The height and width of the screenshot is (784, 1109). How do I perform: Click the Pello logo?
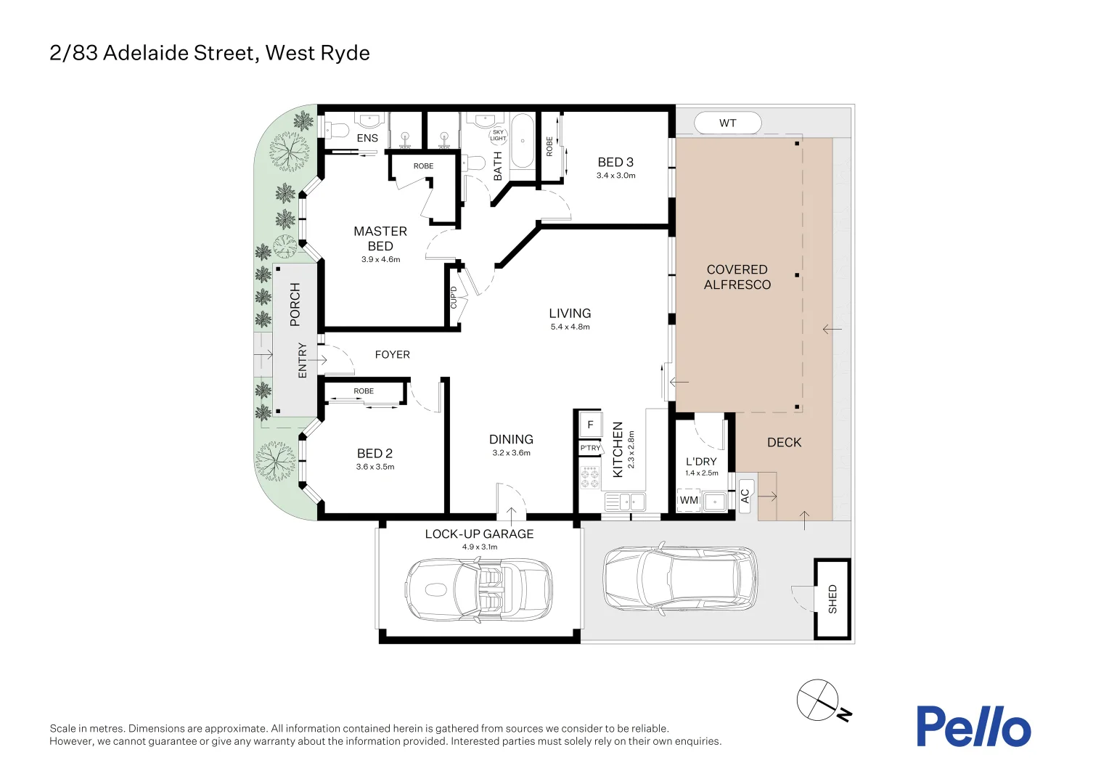click(973, 726)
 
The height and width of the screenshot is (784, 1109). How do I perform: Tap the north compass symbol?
click(819, 701)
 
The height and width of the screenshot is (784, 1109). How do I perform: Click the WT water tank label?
click(727, 123)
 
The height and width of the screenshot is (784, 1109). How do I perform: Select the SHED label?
click(832, 599)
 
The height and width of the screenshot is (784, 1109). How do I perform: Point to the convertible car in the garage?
click(478, 590)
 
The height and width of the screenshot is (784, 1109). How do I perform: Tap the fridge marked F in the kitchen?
click(590, 425)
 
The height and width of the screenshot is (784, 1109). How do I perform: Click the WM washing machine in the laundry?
click(689, 500)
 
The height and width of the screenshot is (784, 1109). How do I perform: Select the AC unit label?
click(745, 496)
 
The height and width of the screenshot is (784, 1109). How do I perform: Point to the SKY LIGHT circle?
click(498, 136)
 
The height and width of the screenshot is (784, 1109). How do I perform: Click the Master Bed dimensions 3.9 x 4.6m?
click(380, 259)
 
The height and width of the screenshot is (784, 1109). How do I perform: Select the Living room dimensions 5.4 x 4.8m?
click(570, 327)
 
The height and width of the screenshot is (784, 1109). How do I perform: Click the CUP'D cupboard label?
click(454, 297)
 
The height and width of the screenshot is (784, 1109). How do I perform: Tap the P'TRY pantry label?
click(590, 448)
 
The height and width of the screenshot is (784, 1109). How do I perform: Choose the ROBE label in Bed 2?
click(364, 391)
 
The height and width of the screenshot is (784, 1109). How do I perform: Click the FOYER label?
click(392, 354)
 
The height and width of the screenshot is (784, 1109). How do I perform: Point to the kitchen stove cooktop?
click(589, 477)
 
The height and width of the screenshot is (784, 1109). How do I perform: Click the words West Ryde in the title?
click(317, 53)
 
